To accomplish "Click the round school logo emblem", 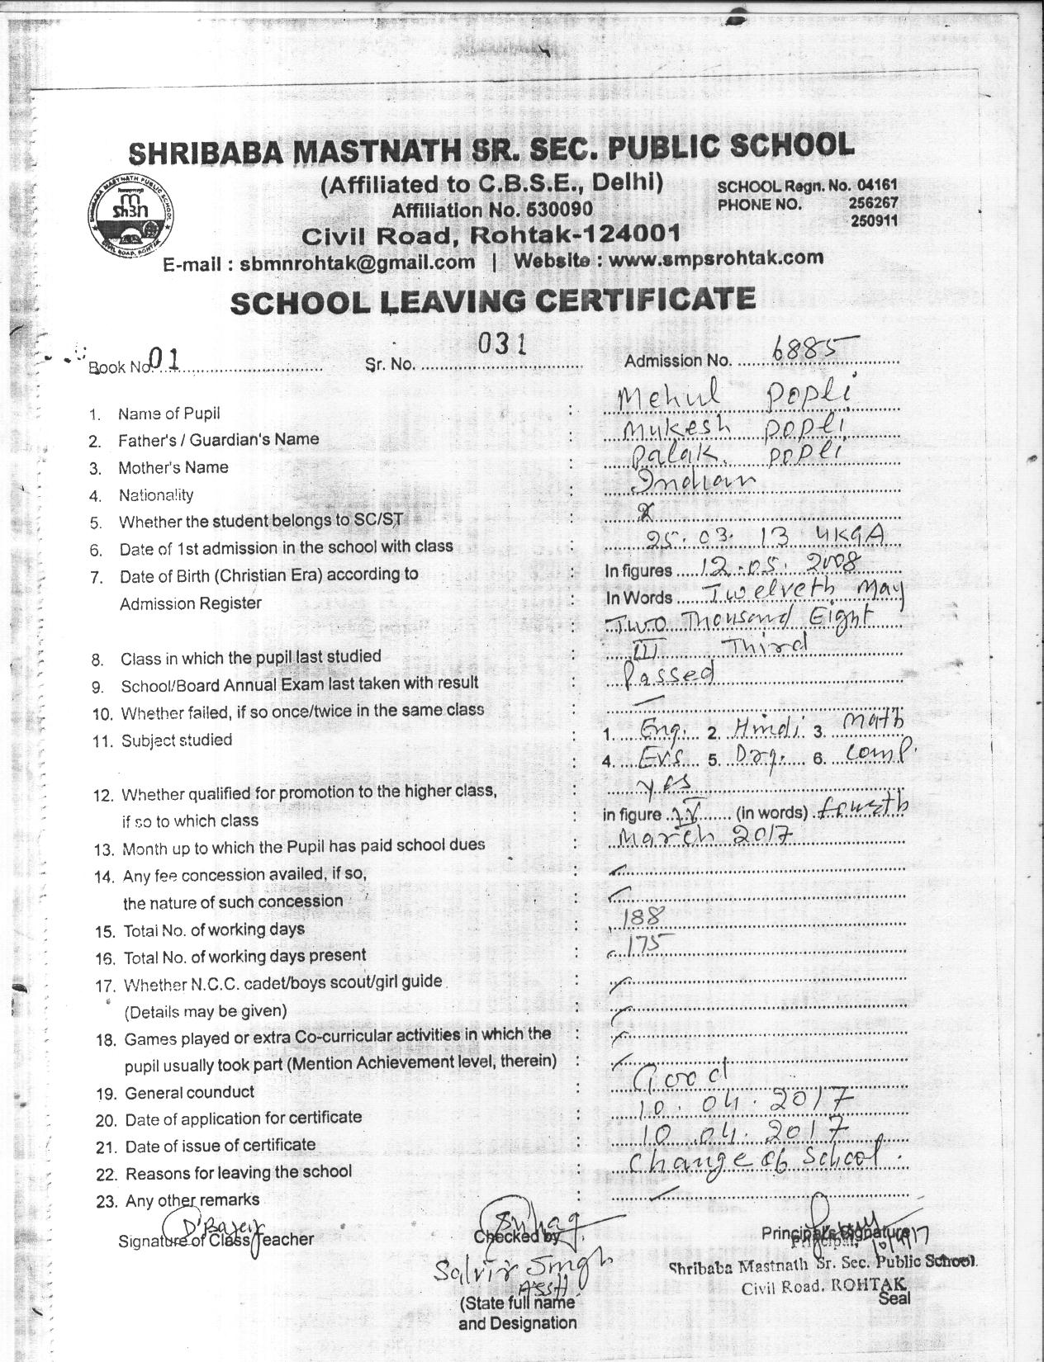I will click(130, 214).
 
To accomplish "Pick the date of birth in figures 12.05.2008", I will click(780, 565).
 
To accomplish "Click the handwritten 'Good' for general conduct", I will click(675, 1076).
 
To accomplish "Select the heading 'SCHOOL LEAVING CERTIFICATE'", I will click(492, 301).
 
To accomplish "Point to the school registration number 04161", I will click(876, 186).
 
